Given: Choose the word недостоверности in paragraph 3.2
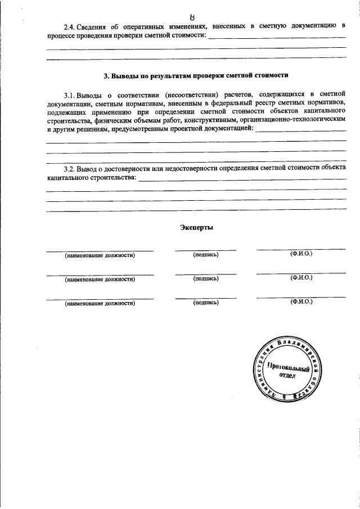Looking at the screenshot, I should coord(183,168).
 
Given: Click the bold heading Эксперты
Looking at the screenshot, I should coord(196,228).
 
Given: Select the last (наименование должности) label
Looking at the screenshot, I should coord(100,303).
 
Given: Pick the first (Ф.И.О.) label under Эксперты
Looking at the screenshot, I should coord(301,255).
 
